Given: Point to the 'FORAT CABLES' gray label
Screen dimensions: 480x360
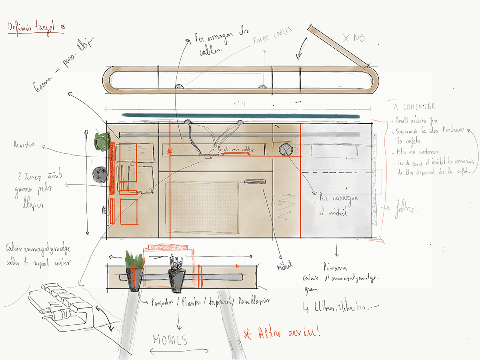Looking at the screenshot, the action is tap(272, 36).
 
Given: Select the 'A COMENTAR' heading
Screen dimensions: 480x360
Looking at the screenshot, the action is tap(414, 107).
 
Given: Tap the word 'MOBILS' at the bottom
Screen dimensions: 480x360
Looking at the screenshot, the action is tap(170, 340).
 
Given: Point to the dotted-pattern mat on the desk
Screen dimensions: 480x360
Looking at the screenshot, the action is tap(202, 207).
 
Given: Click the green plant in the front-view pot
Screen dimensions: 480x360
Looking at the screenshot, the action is tap(134, 260).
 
